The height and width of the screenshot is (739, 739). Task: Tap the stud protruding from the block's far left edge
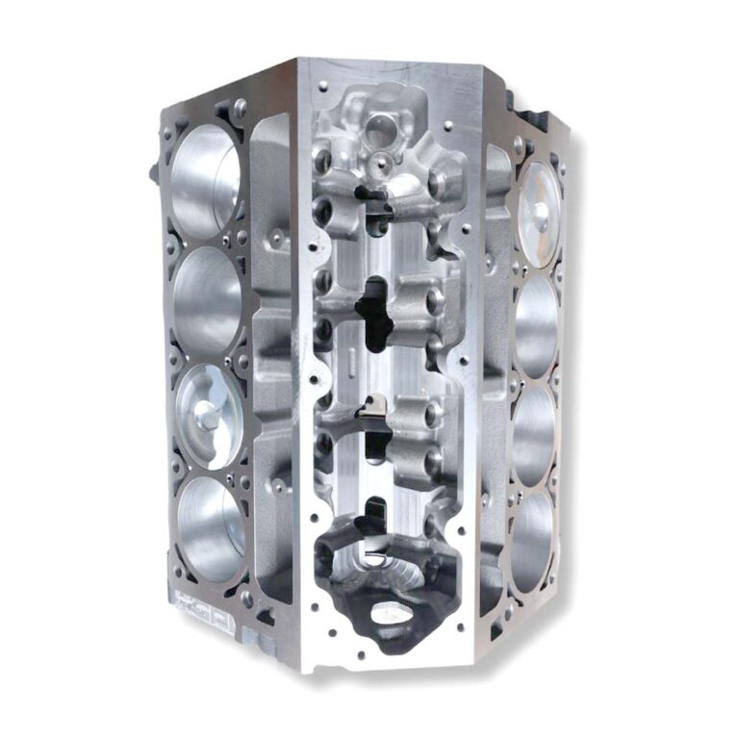point(154,172)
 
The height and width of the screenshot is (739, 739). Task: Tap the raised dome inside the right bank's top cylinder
point(542,212)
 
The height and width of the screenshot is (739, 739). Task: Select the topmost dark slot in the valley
point(373,197)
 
